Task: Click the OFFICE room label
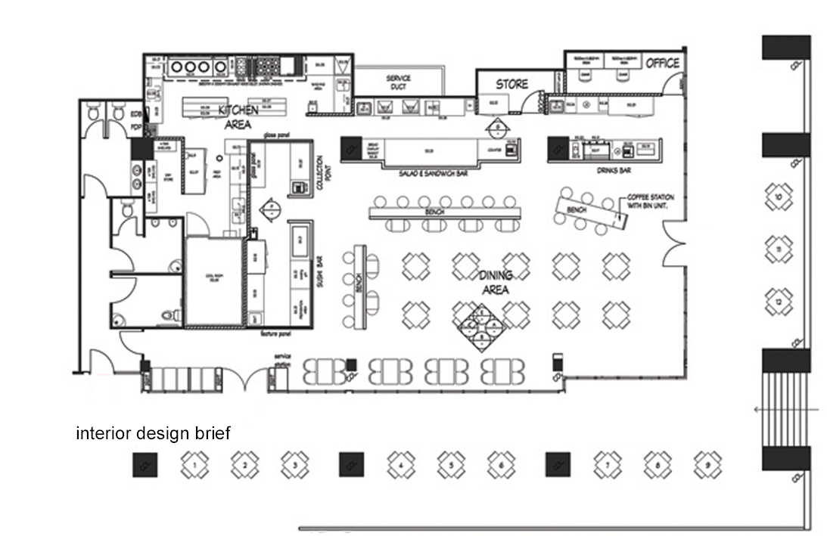[x=663, y=64]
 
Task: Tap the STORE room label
[x=511, y=84]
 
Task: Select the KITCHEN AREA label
[x=238, y=117]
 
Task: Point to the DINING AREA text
[x=495, y=282]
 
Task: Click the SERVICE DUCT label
[x=398, y=82]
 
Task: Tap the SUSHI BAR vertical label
[x=319, y=271]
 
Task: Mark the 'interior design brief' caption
[x=153, y=434]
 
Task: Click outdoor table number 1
[x=194, y=464]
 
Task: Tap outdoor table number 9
[x=707, y=464]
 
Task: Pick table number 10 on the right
[x=778, y=197]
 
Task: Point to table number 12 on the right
[x=778, y=302]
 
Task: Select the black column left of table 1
[x=144, y=464]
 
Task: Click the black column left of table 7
[x=558, y=464]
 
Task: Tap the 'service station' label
[x=282, y=360]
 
